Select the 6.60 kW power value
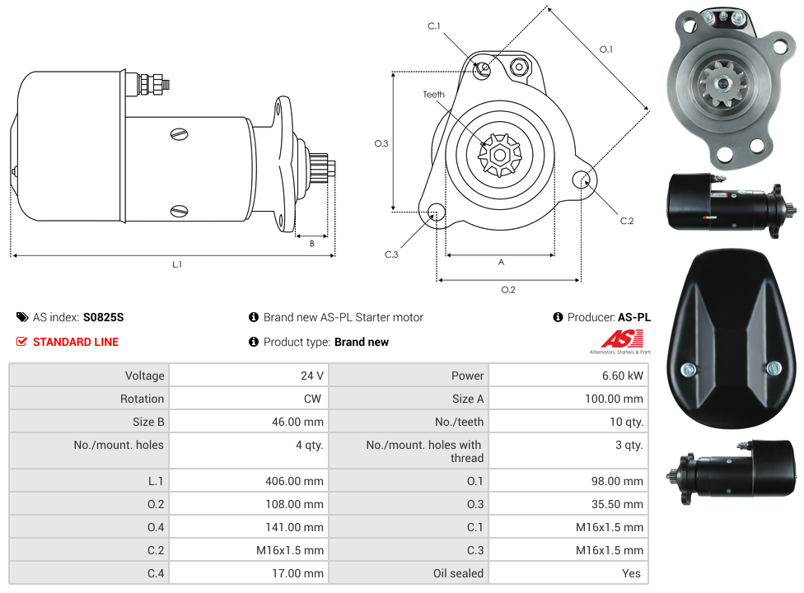623,376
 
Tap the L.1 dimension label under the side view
177,264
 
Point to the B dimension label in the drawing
311,244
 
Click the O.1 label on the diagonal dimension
606,49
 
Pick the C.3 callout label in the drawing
391,254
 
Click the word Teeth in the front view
434,95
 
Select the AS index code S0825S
104,317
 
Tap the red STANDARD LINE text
76,342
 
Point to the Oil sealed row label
458,573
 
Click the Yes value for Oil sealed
631,573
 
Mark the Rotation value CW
312,399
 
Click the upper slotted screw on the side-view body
179,134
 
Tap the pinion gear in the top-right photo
723,83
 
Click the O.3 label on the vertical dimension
381,143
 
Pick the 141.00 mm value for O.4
294,527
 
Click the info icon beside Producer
558,317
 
